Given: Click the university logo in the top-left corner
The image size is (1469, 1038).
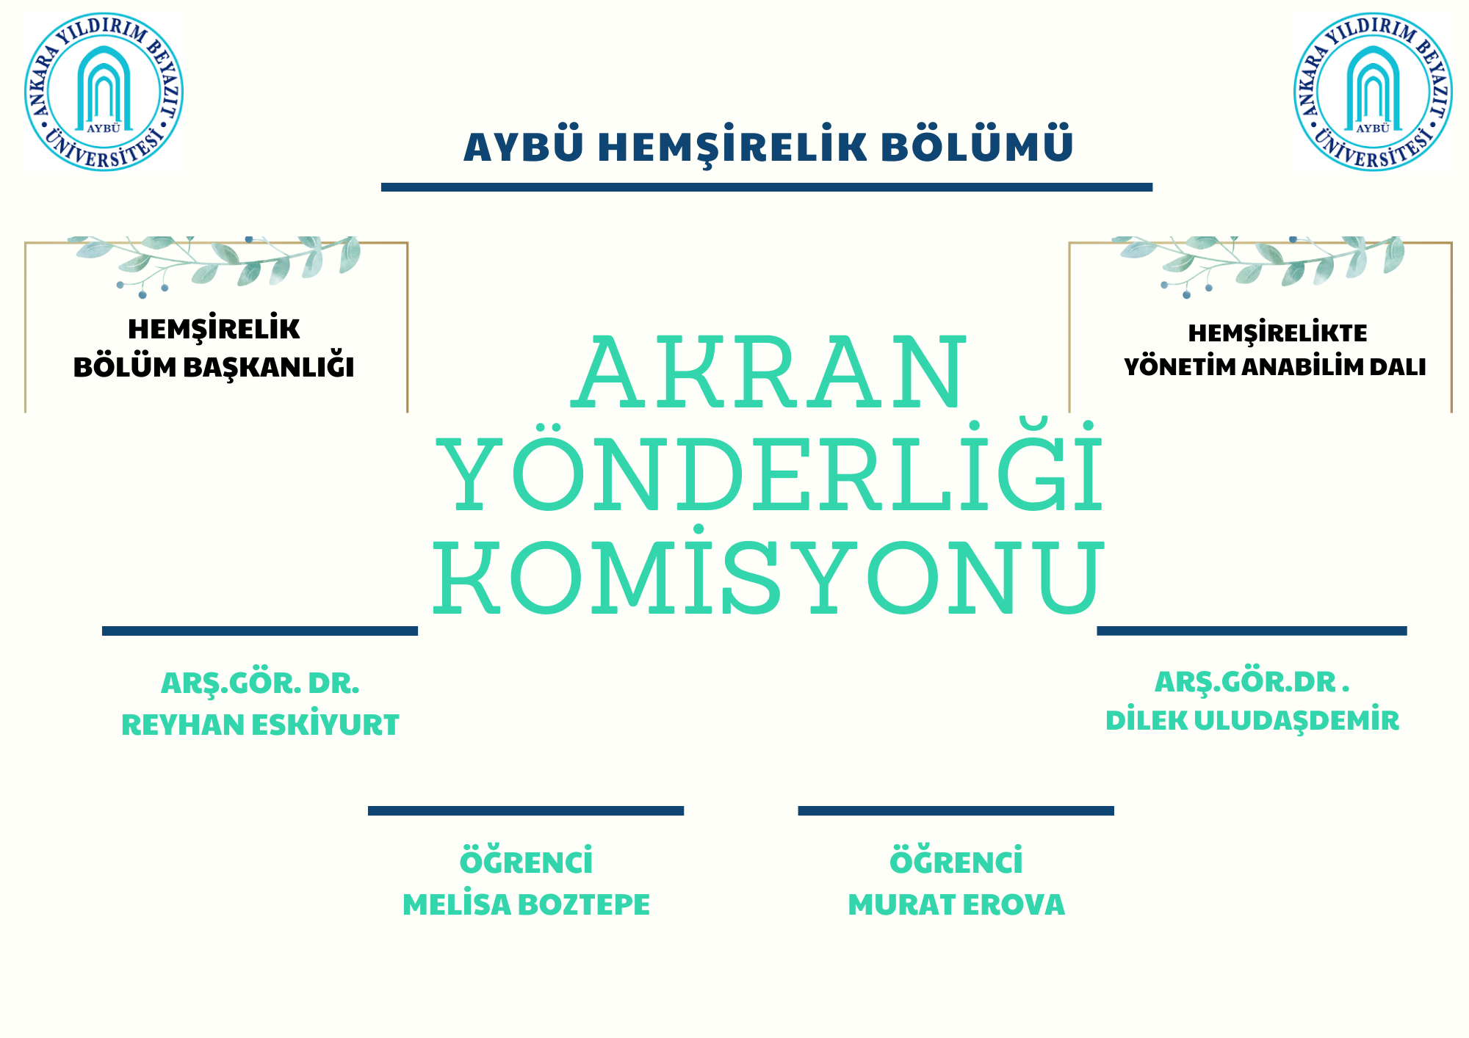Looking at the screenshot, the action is pos(104,92).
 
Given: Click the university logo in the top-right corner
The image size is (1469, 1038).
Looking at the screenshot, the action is pos(1373,92).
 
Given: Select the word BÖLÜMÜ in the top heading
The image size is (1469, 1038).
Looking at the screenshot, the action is pos(977,145).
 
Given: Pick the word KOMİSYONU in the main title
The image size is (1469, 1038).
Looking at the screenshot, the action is pos(768,572).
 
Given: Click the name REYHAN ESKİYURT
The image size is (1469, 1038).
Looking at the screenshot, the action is pos(260,725).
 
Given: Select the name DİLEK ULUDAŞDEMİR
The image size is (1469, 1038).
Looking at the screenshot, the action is pos(1252,720).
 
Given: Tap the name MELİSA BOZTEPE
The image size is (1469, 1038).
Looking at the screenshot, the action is pos(526,904).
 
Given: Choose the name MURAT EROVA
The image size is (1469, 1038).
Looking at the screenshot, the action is pos(956,904).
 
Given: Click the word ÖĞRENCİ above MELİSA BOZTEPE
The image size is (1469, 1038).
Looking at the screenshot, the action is pos(526,860).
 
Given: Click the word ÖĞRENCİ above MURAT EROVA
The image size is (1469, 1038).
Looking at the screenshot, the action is pos(956,860).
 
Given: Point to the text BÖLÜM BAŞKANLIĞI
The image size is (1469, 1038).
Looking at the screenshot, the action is pos(214,367).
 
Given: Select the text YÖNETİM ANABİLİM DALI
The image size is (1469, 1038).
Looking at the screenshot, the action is pos(1275,366).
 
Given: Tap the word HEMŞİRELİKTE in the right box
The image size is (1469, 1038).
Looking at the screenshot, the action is pos(1278,333).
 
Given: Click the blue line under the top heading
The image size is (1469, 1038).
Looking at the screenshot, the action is pos(767,187).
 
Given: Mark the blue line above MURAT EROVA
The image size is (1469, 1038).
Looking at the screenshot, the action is pos(956,810).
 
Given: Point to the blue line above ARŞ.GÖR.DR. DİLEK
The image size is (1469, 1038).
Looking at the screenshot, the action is pos(1252,631).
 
